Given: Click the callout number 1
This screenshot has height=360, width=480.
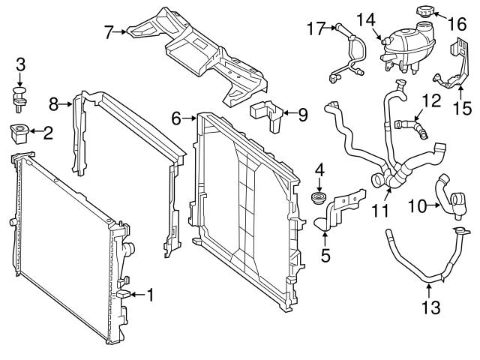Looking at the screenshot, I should tap(149, 294).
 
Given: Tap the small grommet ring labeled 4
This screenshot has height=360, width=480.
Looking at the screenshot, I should tap(318, 199).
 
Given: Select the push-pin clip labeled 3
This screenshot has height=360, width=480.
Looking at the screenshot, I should tap(21, 96).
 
